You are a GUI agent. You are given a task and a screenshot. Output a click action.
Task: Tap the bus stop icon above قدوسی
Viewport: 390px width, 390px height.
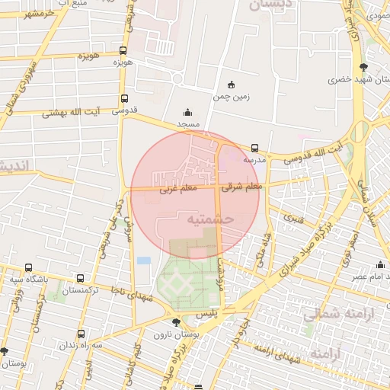[x=124, y=98]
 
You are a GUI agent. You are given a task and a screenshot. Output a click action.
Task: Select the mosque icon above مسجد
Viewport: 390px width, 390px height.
[x=188, y=112]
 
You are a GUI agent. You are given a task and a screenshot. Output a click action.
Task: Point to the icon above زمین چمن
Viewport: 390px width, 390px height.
[x=232, y=85]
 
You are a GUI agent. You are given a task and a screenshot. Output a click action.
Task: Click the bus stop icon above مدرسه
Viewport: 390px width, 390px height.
[x=254, y=148]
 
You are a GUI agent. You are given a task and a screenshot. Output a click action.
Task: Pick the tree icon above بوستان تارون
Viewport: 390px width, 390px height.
[x=176, y=323]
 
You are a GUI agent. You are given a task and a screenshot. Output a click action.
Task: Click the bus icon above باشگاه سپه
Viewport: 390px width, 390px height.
[x=29, y=267]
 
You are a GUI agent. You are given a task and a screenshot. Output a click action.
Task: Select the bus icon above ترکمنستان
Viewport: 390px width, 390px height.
[x=82, y=279]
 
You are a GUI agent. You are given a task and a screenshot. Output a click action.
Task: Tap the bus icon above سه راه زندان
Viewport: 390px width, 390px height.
[x=82, y=334]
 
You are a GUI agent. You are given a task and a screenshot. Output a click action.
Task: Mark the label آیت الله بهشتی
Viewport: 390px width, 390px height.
[x=77, y=111]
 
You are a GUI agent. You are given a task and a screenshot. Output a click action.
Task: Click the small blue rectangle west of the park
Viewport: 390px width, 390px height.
[x=144, y=261]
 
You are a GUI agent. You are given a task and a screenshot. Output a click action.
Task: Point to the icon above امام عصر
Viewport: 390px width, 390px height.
[x=379, y=264]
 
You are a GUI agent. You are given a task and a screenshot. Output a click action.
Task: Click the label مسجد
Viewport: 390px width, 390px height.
[x=188, y=123]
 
